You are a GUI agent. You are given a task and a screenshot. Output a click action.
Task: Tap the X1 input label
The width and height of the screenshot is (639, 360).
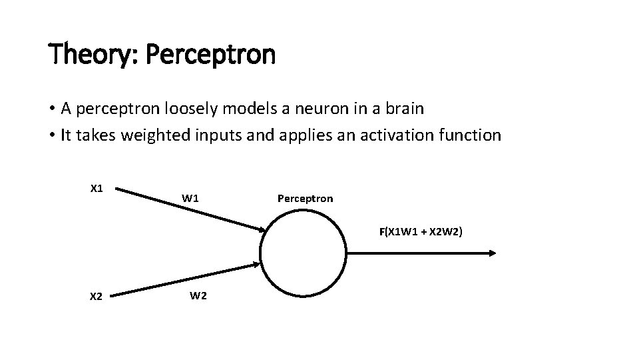[97, 189]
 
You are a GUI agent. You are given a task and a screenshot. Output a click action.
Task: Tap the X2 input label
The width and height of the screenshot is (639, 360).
[96, 297]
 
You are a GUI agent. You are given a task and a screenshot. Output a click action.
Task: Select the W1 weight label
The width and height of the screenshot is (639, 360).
[190, 198]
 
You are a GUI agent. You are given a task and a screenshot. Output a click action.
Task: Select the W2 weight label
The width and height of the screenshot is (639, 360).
[198, 296]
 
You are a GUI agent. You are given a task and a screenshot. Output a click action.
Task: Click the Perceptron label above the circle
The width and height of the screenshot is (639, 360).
[305, 199]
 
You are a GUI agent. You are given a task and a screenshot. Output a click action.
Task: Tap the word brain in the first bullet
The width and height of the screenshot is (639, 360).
[399, 108]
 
